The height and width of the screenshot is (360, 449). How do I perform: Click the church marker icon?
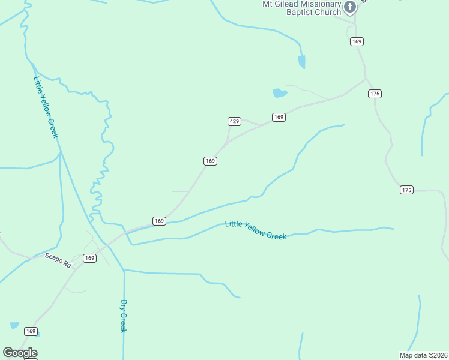click(x=349, y=7)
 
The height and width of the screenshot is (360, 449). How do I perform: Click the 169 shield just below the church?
click(x=357, y=41)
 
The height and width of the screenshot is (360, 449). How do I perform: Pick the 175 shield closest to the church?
click(x=375, y=94)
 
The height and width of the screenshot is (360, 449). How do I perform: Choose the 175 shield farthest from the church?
click(x=406, y=190)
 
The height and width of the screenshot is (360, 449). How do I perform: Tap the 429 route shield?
click(x=235, y=121)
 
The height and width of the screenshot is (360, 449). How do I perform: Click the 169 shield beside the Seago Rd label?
click(x=89, y=258)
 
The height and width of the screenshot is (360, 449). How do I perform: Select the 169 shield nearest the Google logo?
click(x=31, y=331)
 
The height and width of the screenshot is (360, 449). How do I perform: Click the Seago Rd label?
click(x=58, y=260)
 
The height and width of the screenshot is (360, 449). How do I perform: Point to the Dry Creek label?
click(x=124, y=316)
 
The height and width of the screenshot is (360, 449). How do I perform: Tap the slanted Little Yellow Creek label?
click(x=46, y=107)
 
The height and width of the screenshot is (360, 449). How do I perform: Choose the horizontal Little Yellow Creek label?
click(x=256, y=230)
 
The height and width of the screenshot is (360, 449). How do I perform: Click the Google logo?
click(x=20, y=353)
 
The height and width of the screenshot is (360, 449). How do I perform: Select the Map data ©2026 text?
click(x=423, y=355)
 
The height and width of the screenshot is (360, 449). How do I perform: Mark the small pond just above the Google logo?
click(x=14, y=325)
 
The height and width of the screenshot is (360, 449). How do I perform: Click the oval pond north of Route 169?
click(x=280, y=92)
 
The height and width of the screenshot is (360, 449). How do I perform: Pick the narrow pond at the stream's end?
click(x=301, y=61)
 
